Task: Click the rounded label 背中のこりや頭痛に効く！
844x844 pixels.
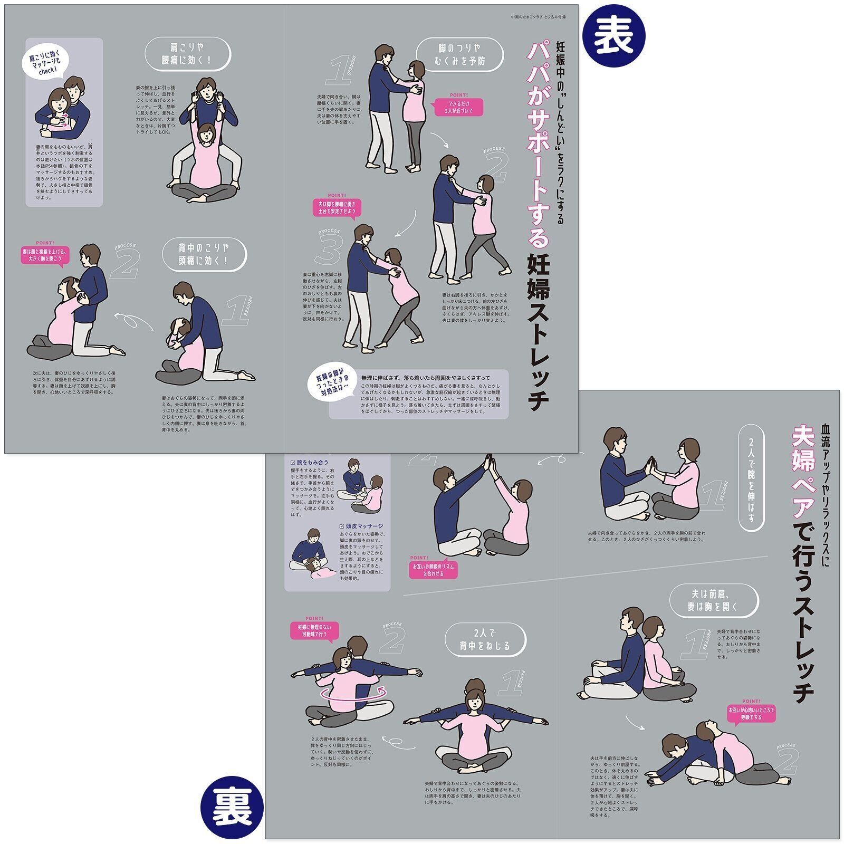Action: tap(204, 254)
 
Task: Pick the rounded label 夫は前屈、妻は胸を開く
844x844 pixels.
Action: tap(714, 600)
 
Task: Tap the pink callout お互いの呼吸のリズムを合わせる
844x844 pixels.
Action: tap(433, 570)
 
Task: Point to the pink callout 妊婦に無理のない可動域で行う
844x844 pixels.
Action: tap(313, 631)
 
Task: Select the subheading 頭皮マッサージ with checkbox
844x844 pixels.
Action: tap(361, 526)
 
